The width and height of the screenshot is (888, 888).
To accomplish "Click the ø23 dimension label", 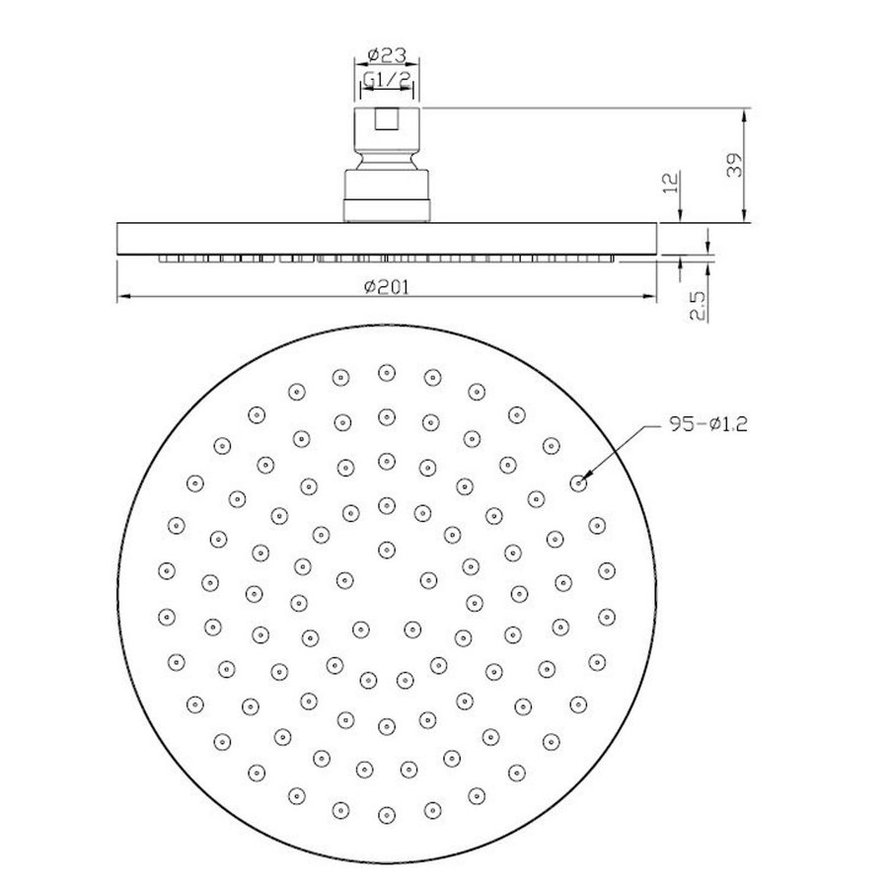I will tap(386, 56).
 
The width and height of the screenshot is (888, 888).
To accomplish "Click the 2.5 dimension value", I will tap(699, 307).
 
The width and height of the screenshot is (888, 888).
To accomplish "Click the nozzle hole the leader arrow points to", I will tap(578, 481).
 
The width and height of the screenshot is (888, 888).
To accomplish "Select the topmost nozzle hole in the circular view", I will tap(386, 373).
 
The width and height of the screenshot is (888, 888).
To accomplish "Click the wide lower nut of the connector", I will tap(386, 195).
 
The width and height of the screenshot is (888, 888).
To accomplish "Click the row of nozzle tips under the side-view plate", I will tap(386, 260).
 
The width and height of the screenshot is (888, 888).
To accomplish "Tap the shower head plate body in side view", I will tap(386, 240).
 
